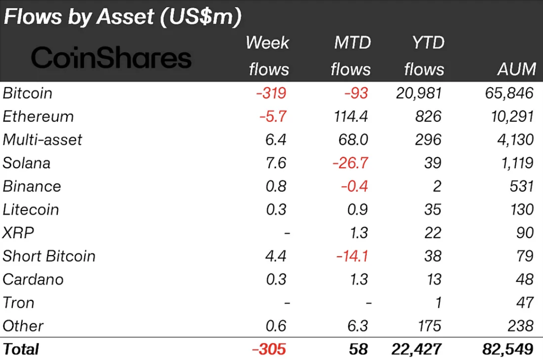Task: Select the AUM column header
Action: click(x=516, y=70)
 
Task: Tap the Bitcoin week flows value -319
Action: click(x=271, y=93)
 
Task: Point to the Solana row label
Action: click(x=26, y=163)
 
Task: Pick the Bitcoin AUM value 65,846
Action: click(x=509, y=93)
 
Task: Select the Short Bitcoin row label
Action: click(x=49, y=256)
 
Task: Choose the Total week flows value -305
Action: click(x=269, y=349)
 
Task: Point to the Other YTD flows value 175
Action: click(x=427, y=326)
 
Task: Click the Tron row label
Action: click(x=18, y=303)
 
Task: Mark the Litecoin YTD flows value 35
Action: click(x=432, y=210)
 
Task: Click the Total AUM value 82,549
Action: click(x=508, y=349)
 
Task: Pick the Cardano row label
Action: click(x=33, y=279)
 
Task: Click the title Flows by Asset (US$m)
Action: click(x=122, y=17)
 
